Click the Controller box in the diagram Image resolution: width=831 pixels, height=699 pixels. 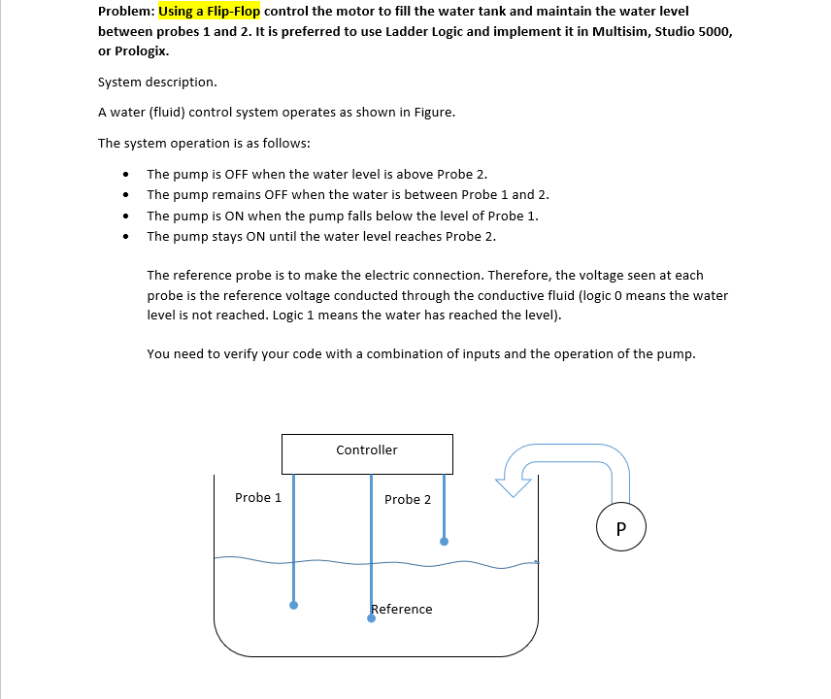(x=367, y=453)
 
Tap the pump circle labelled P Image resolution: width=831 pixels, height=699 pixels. (x=621, y=528)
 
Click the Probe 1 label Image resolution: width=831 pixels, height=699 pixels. (x=258, y=498)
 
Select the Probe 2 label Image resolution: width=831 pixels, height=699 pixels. (x=408, y=500)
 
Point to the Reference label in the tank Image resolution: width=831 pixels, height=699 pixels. (x=403, y=610)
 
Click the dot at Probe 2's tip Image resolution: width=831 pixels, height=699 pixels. (x=444, y=541)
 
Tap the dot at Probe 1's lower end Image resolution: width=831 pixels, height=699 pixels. (x=294, y=605)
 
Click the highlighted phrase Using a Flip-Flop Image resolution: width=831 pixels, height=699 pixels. (x=210, y=12)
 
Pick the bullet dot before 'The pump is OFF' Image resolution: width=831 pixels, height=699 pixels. (x=126, y=175)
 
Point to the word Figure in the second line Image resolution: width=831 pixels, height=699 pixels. (x=432, y=113)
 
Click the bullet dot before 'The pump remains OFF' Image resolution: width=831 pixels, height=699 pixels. (x=126, y=195)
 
